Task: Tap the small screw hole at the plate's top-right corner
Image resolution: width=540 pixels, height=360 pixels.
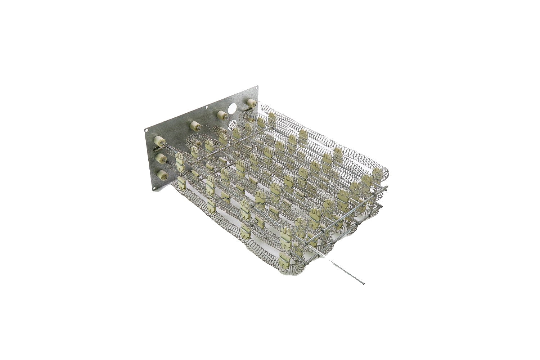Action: click(x=256, y=87)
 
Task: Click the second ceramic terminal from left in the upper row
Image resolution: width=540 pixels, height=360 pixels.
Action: click(x=195, y=126)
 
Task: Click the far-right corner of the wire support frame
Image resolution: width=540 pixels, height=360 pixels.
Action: click(x=386, y=188)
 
